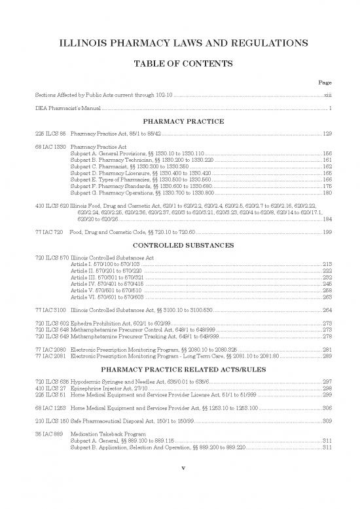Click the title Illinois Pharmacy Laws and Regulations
[x=180, y=44]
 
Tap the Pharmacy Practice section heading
[x=180, y=121]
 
